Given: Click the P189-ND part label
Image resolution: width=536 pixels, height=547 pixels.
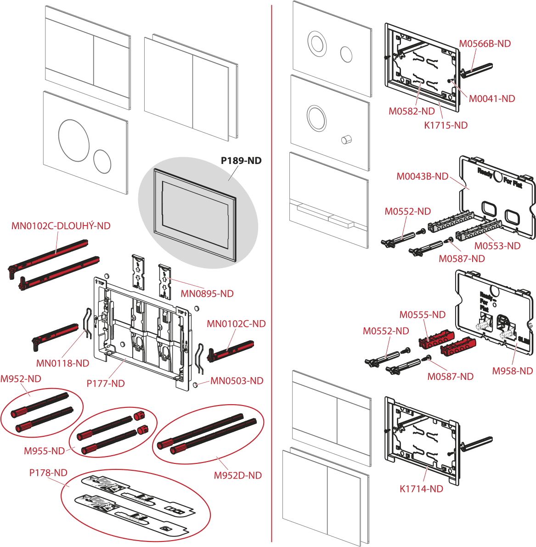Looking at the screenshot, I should click(x=241, y=161).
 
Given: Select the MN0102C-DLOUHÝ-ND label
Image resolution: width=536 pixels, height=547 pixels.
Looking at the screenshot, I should click(x=61, y=226).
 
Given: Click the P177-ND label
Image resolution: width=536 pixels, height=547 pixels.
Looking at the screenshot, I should click(x=106, y=383).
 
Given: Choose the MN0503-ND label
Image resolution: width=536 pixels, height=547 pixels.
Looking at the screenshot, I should click(x=237, y=381).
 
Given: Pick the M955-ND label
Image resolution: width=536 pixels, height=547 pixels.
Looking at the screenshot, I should click(x=45, y=451).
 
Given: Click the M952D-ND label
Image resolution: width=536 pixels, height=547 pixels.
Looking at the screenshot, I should click(x=238, y=475).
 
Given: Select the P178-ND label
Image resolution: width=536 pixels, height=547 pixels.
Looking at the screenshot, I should click(x=49, y=472).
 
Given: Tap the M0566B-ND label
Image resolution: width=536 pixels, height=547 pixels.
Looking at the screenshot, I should click(x=485, y=44).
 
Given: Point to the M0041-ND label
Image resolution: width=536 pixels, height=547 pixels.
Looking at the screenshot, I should click(x=492, y=98).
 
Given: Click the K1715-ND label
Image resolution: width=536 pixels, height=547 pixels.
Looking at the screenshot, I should click(x=446, y=125).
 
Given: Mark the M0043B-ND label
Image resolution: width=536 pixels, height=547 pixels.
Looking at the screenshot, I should click(x=422, y=176).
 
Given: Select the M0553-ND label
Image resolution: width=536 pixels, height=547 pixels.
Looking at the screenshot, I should click(x=497, y=246).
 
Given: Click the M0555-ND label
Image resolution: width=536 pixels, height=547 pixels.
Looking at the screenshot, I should click(x=423, y=315).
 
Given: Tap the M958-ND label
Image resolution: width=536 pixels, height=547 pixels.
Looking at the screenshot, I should click(x=513, y=371).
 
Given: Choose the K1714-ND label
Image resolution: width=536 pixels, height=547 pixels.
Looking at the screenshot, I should click(x=421, y=489).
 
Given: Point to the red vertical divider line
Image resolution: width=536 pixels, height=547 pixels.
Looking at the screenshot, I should click(x=272, y=276).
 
